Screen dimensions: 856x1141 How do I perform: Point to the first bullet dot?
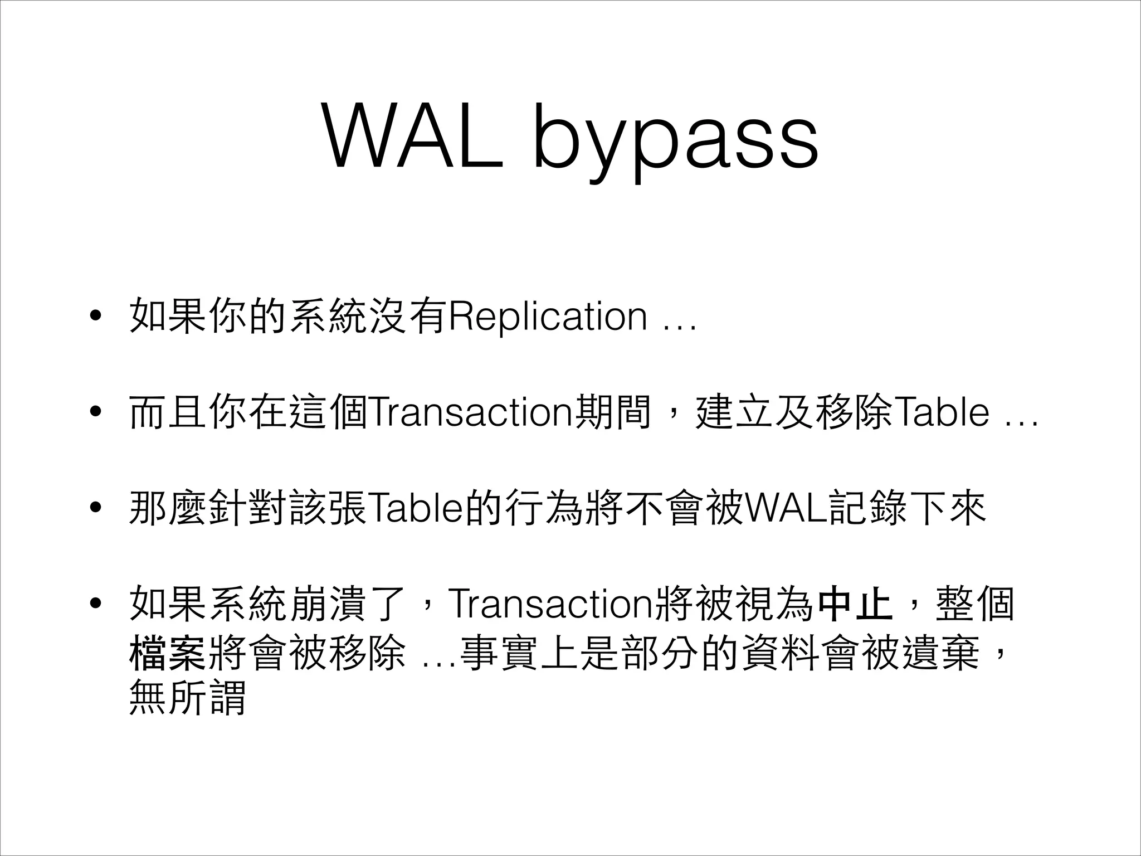click(x=95, y=317)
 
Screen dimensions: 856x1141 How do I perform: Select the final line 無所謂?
click(x=187, y=698)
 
